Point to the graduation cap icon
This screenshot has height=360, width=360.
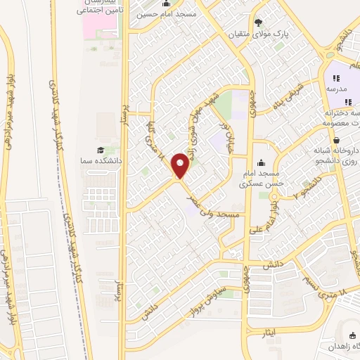click(x=100, y=150)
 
